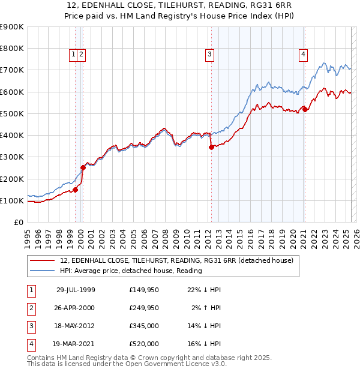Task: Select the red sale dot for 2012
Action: tap(211, 147)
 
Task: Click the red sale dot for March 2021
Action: tap(305, 109)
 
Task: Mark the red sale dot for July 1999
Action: tap(76, 190)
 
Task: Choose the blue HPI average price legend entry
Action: tap(131, 271)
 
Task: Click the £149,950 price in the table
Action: tap(143, 290)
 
